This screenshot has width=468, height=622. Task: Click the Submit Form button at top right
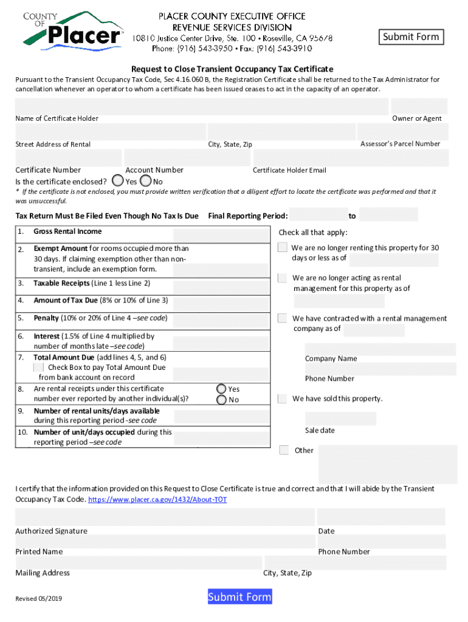pos(410,37)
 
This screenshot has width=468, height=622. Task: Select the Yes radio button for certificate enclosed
pos(119,181)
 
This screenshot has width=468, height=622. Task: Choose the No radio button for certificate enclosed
pos(146,181)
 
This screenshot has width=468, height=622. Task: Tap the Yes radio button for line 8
pos(222,389)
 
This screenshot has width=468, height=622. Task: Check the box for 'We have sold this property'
pos(282,398)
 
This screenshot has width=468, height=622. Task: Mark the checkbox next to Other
pos(284,450)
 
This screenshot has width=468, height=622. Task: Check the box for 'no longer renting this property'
pos(283,247)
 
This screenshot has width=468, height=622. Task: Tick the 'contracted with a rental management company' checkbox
pos(283,318)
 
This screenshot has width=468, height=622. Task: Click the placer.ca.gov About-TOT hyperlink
pos(158,499)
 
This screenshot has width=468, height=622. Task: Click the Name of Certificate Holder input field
pos(201,106)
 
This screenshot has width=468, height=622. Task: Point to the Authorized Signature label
pos(51,531)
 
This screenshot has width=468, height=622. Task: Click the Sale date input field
pos(340,418)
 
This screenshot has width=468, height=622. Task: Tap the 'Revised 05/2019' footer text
pos(38,599)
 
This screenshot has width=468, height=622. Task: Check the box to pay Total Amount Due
pos(38,367)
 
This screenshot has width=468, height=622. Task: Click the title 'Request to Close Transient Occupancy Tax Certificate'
pos(232,69)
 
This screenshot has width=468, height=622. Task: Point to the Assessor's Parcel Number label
pos(400,144)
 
